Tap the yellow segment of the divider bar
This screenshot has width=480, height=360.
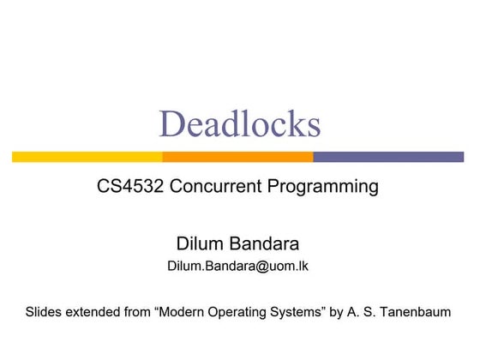pos(87,157)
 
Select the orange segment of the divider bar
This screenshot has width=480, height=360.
pos(237,157)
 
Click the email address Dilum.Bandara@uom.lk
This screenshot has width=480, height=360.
pos(238,266)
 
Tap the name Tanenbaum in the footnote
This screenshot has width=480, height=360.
pos(416,312)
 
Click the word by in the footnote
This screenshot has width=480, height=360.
pos(337,313)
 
